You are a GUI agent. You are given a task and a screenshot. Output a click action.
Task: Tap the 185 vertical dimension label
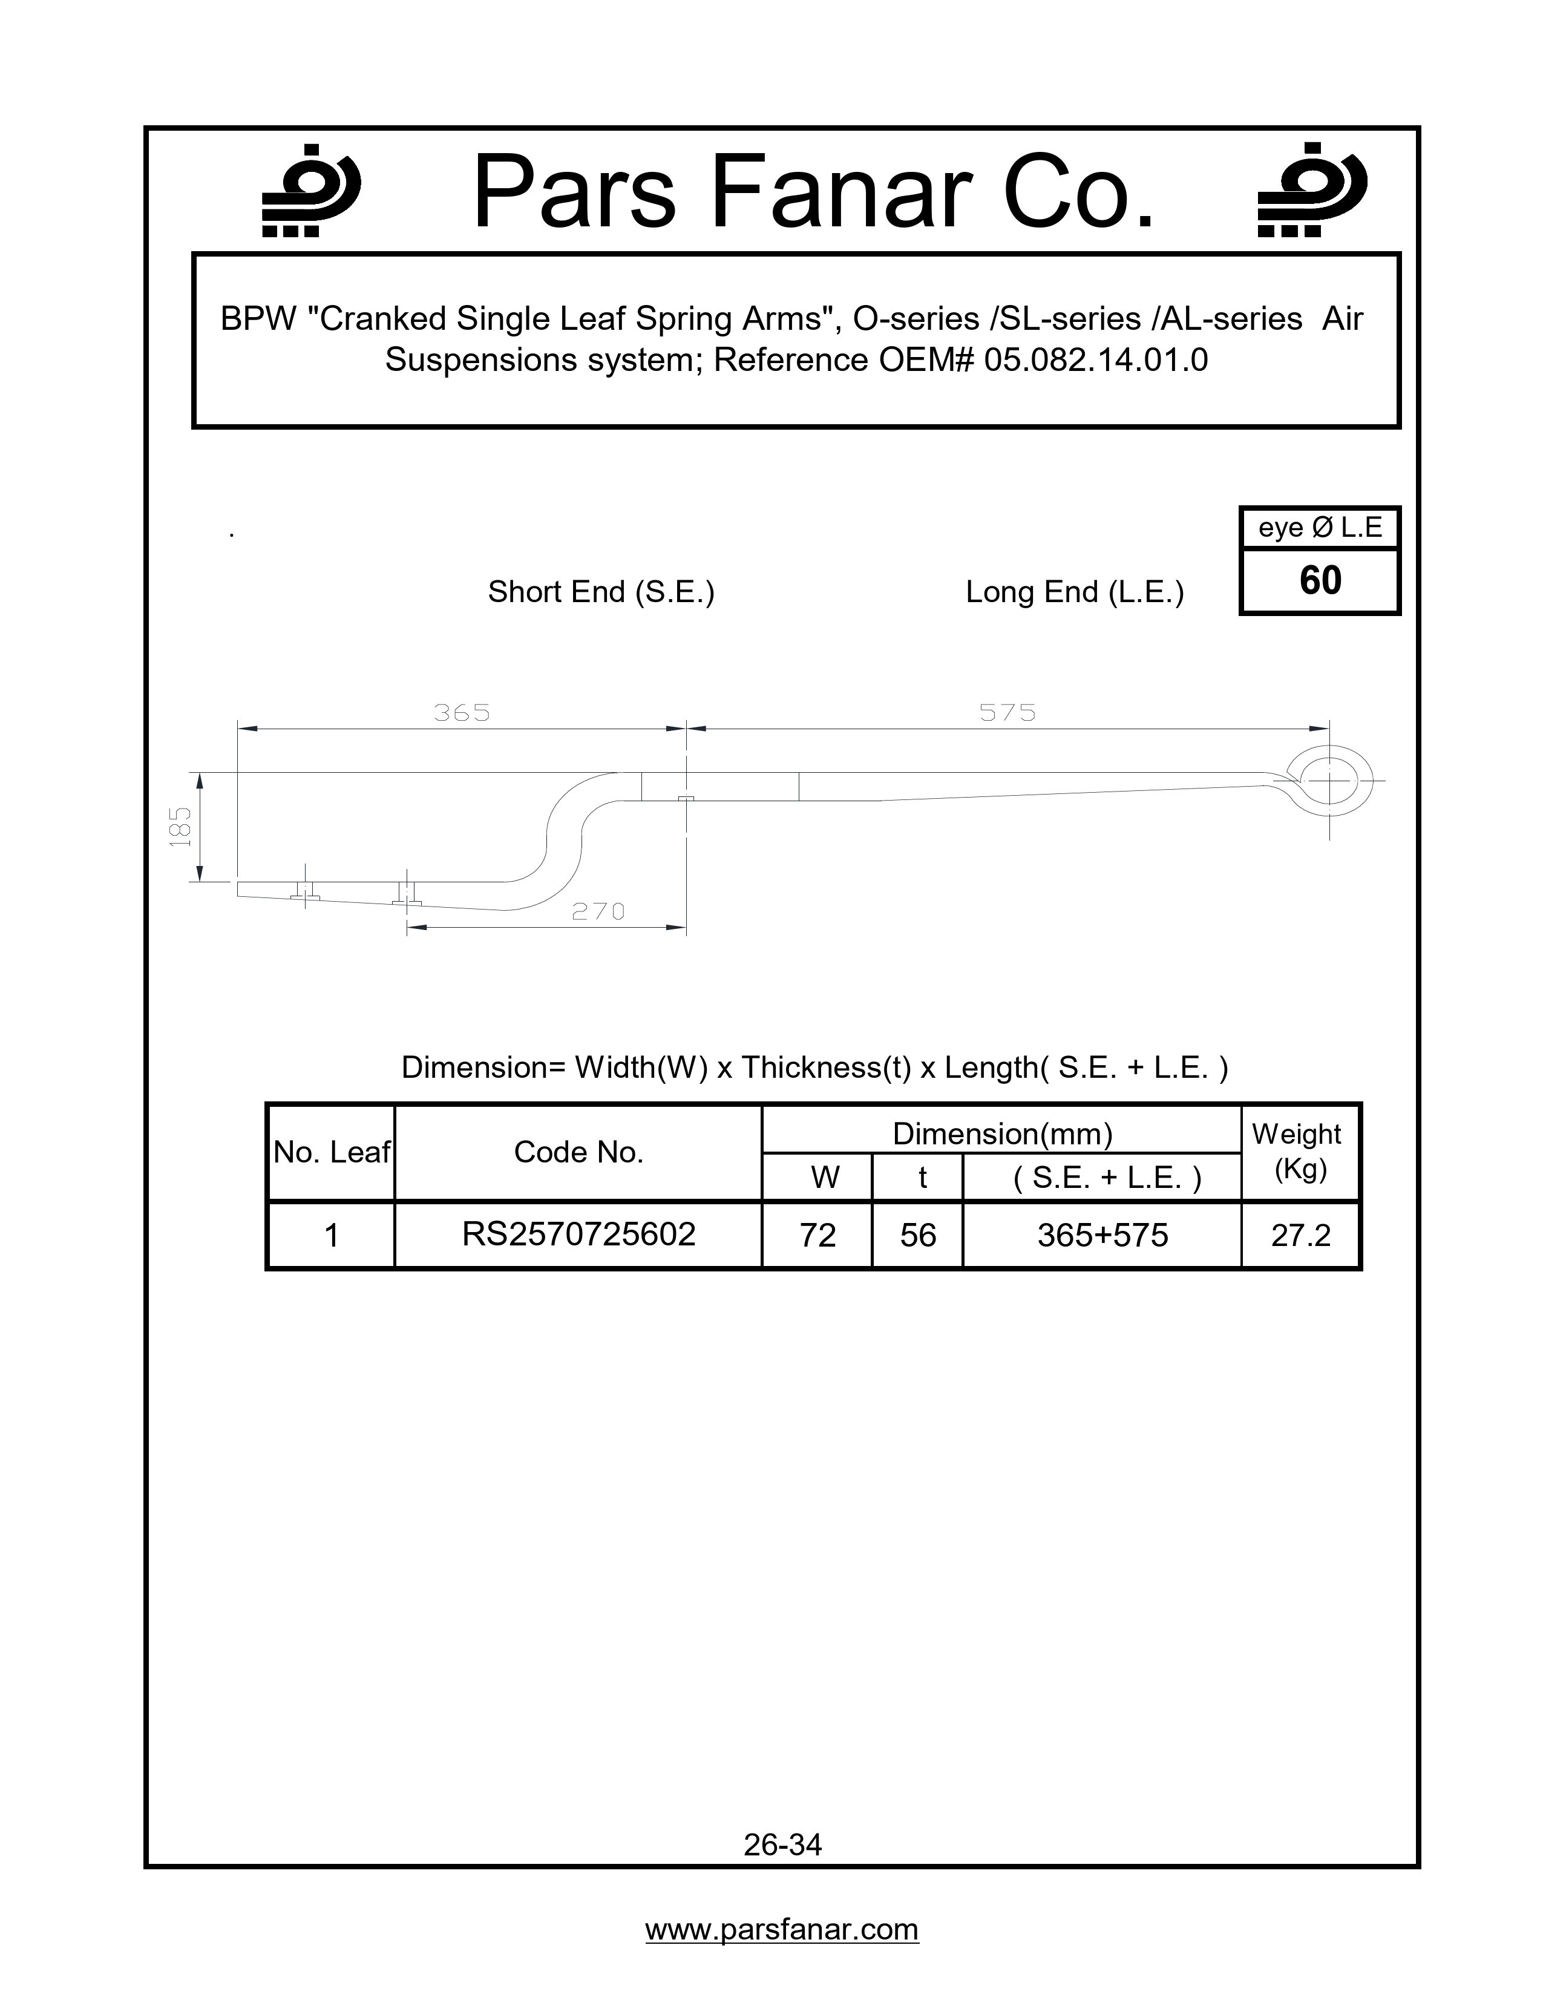point(181,827)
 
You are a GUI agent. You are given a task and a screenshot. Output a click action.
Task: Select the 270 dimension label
point(598,911)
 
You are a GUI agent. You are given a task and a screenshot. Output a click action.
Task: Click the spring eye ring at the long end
point(1329,782)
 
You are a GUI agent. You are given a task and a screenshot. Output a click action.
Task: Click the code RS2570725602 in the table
point(578,1235)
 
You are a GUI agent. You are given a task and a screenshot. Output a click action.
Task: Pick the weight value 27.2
point(1300,1235)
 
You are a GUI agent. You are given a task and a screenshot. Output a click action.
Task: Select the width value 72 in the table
point(817,1235)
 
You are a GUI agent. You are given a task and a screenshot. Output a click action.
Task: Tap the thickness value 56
point(918,1235)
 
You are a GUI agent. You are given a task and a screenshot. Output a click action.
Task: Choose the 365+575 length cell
point(1102,1235)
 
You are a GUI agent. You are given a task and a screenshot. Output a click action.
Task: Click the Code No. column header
point(578,1152)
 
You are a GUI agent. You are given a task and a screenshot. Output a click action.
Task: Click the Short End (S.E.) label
point(601,592)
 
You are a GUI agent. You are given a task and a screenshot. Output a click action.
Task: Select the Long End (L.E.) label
point(1074,592)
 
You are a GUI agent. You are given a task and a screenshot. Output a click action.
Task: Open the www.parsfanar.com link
point(782,1929)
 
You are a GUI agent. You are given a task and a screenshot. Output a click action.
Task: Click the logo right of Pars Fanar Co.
point(1311,191)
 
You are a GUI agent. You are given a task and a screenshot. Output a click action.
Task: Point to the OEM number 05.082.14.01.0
point(1095,360)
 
